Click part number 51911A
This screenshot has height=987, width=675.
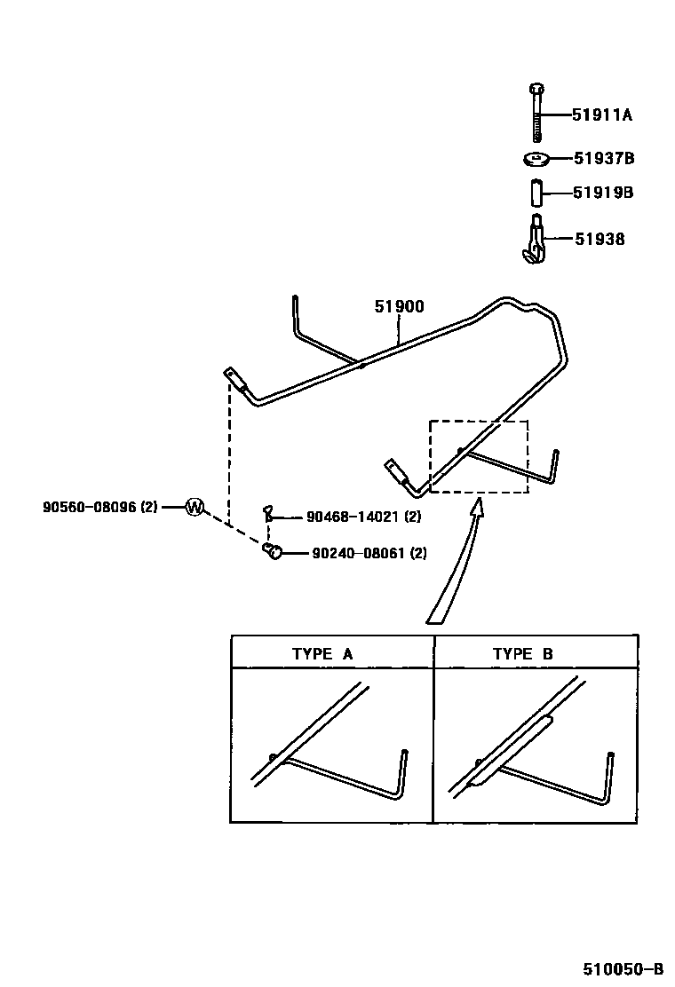tap(601, 115)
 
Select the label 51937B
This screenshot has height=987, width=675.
tap(603, 159)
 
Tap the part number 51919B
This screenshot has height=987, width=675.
tap(603, 193)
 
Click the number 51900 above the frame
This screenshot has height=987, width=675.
tap(399, 307)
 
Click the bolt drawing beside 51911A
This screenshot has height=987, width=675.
tap(536, 113)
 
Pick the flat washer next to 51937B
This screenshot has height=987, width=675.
tap(536, 160)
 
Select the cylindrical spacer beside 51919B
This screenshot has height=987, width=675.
tap(536, 193)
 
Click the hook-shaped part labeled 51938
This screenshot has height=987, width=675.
tap(534, 240)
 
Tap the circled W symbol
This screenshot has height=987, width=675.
tap(195, 508)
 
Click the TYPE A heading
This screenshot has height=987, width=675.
tap(322, 654)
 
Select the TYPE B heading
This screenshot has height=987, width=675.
tap(523, 654)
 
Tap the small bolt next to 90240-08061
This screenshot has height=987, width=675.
tap(273, 552)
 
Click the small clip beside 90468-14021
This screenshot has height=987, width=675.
tap(268, 514)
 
